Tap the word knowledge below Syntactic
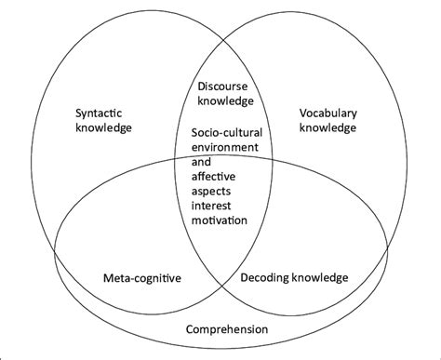104,128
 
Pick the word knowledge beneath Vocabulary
327,128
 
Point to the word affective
212,176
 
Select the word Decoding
268,276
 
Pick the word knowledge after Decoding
321,276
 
